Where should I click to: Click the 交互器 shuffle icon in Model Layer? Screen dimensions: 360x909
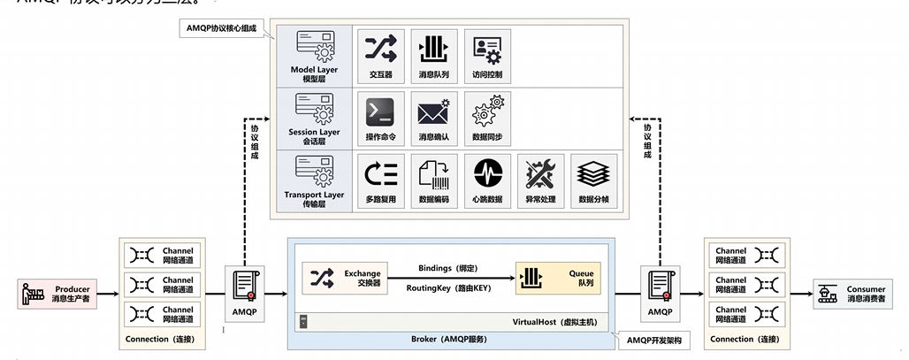380,48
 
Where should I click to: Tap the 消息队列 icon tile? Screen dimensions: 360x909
433,48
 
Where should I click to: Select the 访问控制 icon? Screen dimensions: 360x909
487,48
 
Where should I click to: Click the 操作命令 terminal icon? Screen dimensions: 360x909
380,111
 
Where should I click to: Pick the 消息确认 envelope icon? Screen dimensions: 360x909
433,111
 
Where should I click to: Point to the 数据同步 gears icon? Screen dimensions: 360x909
487,111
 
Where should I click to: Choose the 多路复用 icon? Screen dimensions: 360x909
380,173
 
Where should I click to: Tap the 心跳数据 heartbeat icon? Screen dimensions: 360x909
487,173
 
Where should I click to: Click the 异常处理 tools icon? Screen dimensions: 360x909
540,173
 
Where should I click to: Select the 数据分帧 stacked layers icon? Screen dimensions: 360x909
593,173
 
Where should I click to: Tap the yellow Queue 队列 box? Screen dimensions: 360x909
557,279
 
